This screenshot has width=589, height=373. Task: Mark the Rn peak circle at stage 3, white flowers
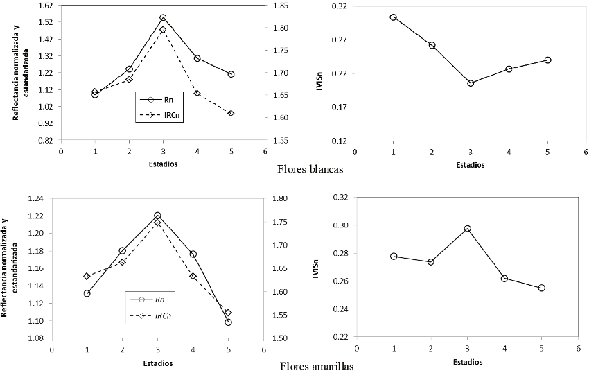(163, 17)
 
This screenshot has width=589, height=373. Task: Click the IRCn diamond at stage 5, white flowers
(231, 113)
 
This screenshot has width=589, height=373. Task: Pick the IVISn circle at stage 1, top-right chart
(393, 17)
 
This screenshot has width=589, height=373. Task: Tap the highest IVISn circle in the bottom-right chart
(468, 229)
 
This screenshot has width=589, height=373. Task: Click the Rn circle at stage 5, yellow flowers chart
(228, 322)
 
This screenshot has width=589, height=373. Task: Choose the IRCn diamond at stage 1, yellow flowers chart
(87, 276)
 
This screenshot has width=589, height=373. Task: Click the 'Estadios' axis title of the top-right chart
(470, 165)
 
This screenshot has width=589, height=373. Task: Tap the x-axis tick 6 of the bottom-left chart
(263, 350)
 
